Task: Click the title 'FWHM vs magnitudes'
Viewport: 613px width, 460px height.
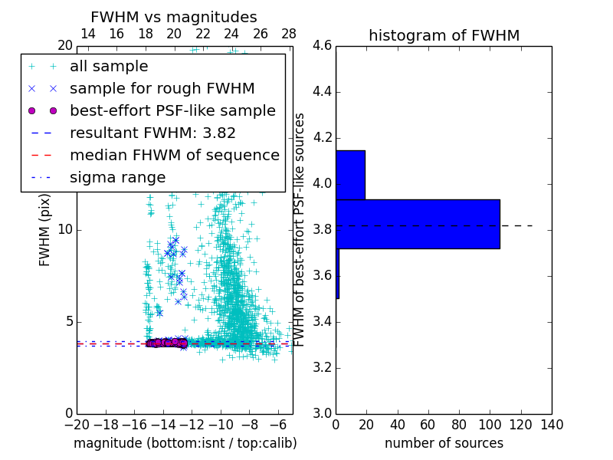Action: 173,17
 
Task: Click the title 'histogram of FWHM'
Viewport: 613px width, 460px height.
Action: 444,35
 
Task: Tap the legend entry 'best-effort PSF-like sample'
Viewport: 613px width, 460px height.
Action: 172,110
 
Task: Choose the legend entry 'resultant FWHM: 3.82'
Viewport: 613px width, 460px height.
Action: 152,133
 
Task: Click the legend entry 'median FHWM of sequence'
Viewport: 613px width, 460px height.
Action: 174,155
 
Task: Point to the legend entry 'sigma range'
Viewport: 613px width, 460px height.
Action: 117,177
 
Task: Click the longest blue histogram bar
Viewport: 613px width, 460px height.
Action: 418,224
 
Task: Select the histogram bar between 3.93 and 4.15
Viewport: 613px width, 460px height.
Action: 350,175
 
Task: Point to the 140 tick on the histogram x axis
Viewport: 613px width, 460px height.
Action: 552,424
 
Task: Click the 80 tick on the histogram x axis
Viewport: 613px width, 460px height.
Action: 459,424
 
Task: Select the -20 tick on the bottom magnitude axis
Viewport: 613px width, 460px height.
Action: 76,424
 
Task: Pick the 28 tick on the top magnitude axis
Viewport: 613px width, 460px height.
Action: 289,34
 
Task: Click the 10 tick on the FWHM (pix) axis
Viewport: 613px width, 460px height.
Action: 64,230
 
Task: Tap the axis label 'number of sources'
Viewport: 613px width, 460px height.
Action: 444,443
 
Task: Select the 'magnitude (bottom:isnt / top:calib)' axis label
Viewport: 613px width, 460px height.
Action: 185,443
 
